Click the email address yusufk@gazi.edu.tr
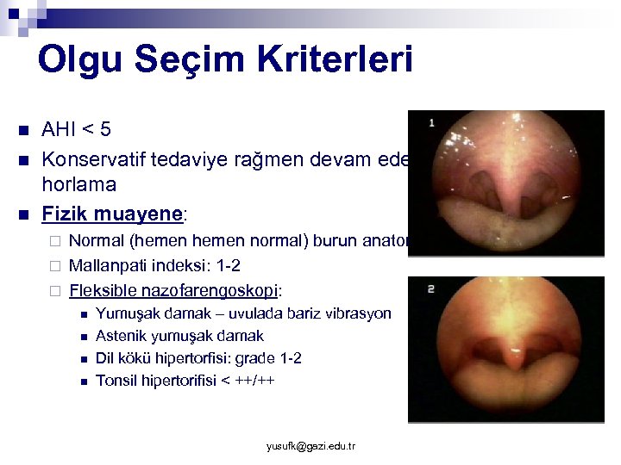(x=310, y=446)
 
